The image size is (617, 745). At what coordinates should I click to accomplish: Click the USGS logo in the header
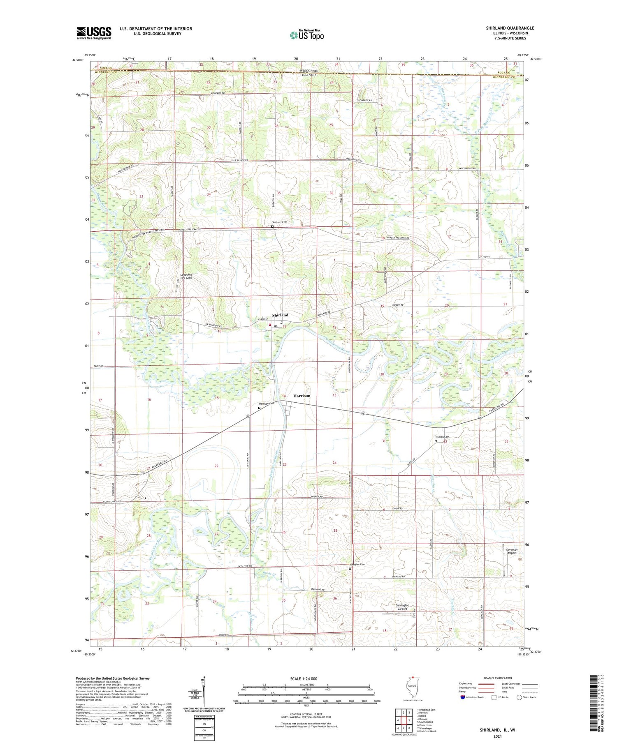[94, 33]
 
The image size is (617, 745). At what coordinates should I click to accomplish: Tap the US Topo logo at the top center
[306, 35]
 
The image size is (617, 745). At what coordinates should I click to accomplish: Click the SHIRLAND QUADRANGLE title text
[510, 28]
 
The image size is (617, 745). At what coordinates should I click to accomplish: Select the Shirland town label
[280, 315]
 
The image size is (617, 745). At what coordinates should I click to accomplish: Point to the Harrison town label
[302, 396]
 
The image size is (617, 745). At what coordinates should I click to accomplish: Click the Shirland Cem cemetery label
[279, 222]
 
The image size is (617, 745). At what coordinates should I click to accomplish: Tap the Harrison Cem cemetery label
[267, 404]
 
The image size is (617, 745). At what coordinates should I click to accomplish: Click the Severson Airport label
[512, 551]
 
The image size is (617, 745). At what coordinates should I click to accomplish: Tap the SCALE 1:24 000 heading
[304, 678]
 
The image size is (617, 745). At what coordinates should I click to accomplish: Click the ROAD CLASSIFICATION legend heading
[498, 678]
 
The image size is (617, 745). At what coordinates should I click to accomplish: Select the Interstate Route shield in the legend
[463, 697]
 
